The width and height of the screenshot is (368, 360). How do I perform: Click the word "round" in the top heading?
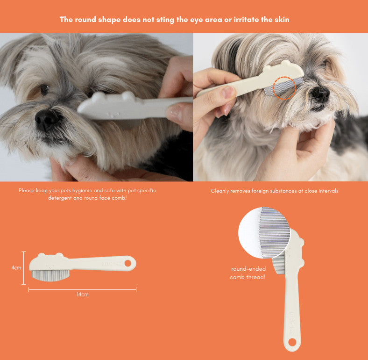coord(85,19)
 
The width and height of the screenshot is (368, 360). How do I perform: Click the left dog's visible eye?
coord(44,89)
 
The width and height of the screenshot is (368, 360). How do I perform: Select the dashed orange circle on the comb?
coord(284,88)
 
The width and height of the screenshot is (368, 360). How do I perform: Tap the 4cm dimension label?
coord(16,267)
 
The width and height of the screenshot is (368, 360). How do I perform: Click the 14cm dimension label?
coord(82,295)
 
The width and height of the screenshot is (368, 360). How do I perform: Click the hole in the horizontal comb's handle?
coord(128,263)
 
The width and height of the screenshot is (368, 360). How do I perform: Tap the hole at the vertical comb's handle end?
coord(292,342)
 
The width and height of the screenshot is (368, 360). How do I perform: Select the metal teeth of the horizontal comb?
coord(50,275)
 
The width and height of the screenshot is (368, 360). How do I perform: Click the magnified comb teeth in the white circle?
coord(275,233)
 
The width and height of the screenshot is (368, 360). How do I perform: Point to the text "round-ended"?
coord(248,268)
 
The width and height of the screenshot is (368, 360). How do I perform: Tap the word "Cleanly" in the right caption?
coord(219,191)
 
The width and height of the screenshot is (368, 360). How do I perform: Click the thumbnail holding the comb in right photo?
coord(226,93)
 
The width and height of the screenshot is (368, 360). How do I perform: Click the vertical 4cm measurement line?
coord(24,268)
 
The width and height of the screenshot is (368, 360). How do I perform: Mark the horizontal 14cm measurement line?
coord(82,289)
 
